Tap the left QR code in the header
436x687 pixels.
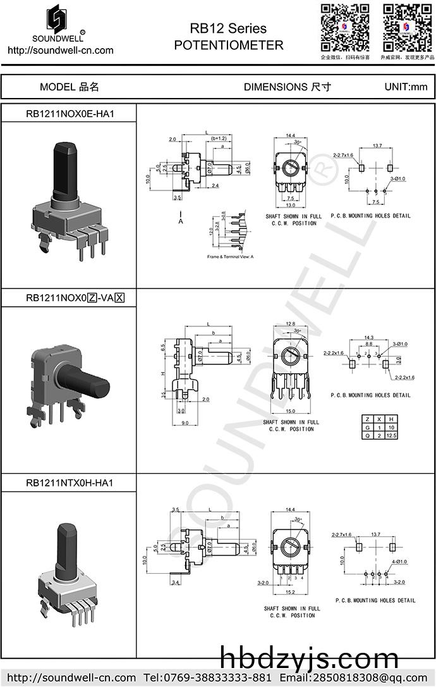coord(344,27)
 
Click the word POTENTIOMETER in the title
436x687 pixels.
coord(228,46)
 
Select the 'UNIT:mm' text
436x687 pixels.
coord(406,87)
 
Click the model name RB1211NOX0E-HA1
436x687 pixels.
coord(69,114)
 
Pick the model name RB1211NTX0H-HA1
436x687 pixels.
coord(69,483)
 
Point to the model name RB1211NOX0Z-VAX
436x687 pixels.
coord(75,298)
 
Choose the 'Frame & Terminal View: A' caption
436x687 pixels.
coord(230,257)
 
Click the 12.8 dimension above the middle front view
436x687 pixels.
coord(290,323)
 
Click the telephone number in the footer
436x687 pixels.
coord(207,678)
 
